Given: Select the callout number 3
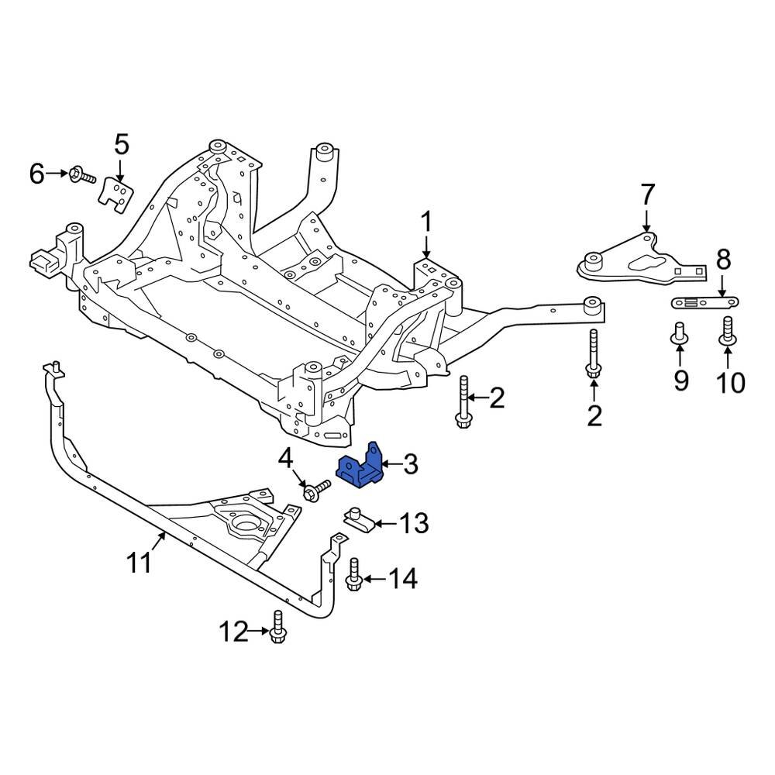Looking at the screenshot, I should pos(411,465).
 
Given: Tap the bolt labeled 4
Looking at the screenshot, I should pos(317,491).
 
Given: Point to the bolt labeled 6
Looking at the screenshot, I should pos(82,175).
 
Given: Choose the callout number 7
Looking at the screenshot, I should pos(648,194).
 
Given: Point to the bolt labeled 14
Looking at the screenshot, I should pos(354,573).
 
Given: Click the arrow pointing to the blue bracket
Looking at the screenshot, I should pos(390,465).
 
